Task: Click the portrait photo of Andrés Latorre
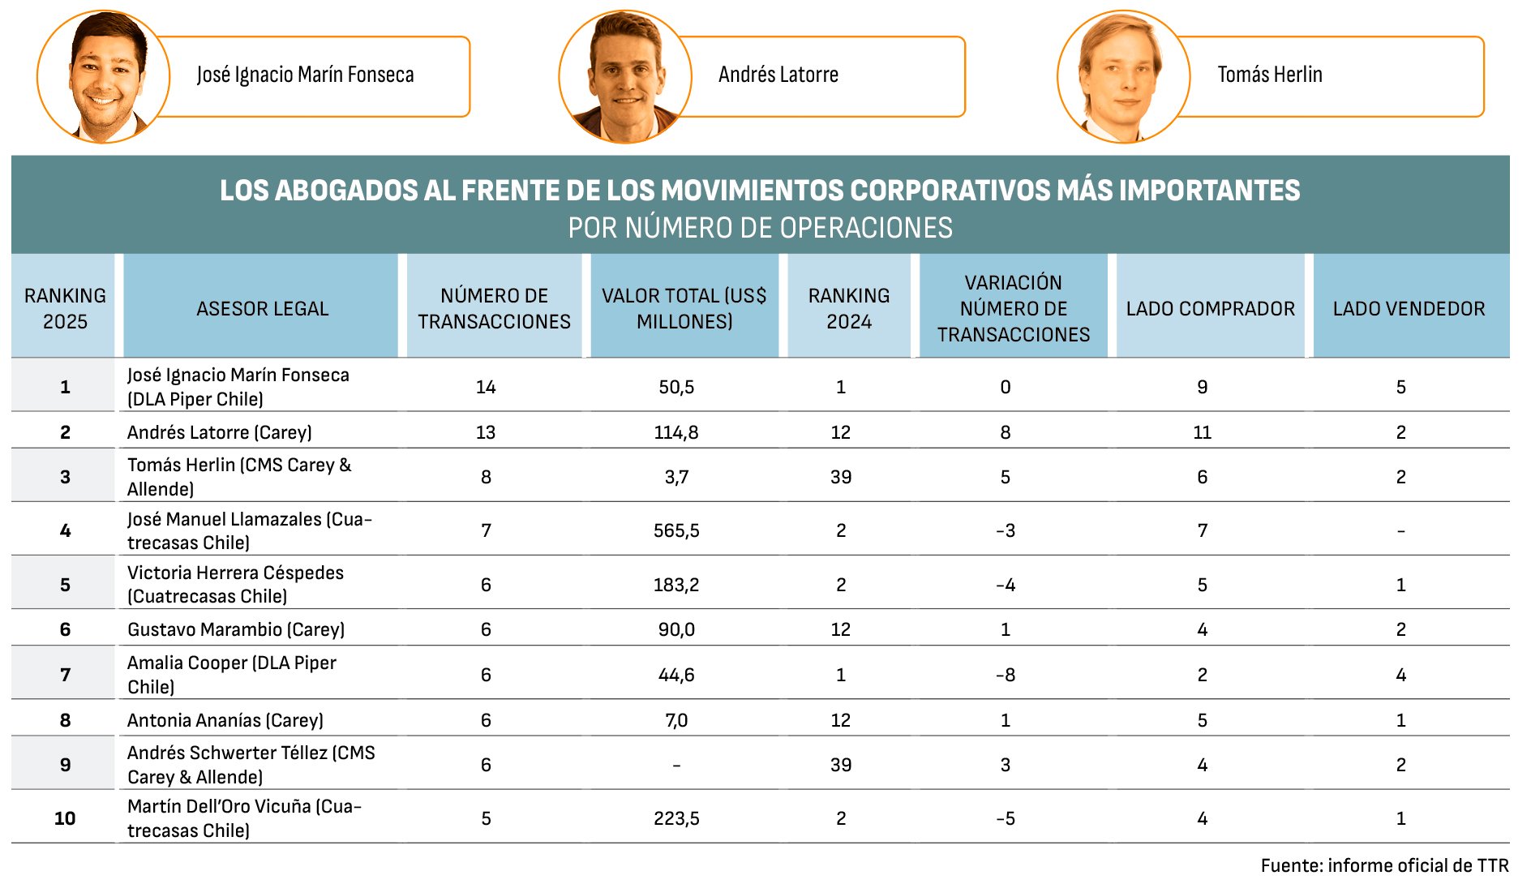coord(624,78)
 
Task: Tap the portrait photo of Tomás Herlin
coord(1123,78)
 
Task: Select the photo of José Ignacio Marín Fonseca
coord(104,78)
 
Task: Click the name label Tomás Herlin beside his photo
coord(1269,75)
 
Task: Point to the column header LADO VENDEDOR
coord(1409,308)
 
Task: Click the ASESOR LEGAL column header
coord(262,308)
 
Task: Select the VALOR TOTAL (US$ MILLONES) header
coord(684,308)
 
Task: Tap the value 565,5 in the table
coord(676,530)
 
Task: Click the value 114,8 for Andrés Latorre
coord(676,432)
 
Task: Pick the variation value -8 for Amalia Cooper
coord(1006,675)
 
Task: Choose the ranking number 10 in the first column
coord(65,818)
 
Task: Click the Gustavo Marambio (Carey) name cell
coord(236,629)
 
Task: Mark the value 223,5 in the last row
coord(676,818)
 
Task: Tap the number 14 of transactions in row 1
coord(486,387)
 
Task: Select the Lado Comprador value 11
coord(1202,432)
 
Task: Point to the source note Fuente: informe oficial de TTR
coord(1384,865)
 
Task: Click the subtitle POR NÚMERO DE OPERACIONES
coord(760,228)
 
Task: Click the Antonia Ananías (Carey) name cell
coord(225,720)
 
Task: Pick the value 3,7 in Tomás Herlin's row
coord(676,477)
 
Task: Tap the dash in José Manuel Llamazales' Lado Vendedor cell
coord(1400,531)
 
